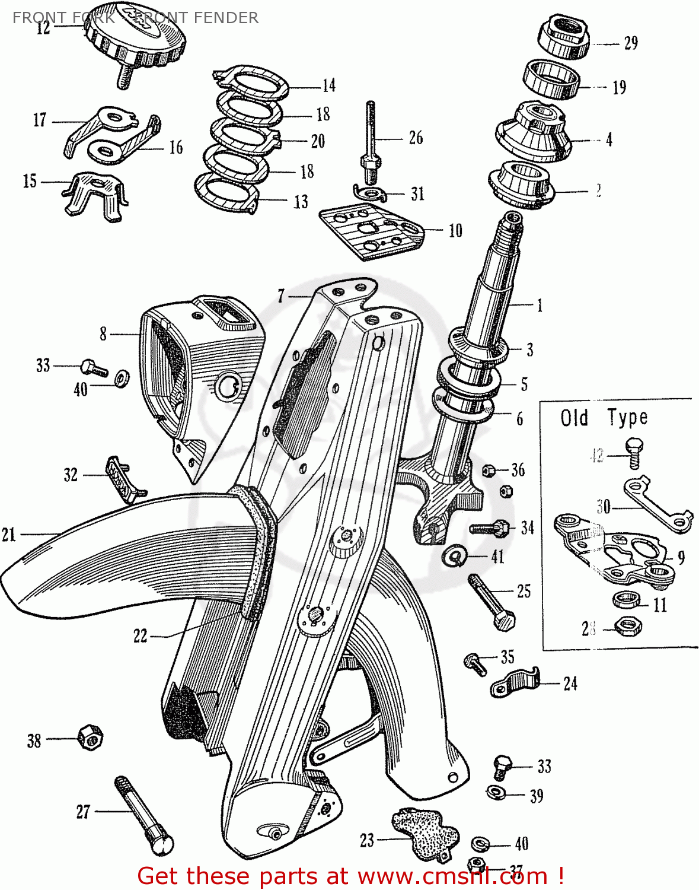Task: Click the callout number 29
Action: pos(631,43)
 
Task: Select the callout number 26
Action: pos(416,138)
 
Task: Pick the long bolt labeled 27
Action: pos(143,816)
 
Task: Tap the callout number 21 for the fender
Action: pos(9,535)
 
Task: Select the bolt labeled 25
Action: pos(492,602)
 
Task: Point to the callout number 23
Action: pos(367,840)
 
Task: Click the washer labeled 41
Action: pos(455,555)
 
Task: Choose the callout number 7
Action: pos(281,295)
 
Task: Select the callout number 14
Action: pos(329,86)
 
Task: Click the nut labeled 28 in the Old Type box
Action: pos(626,625)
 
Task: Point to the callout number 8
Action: pos(103,334)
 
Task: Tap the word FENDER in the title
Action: pos(228,18)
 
